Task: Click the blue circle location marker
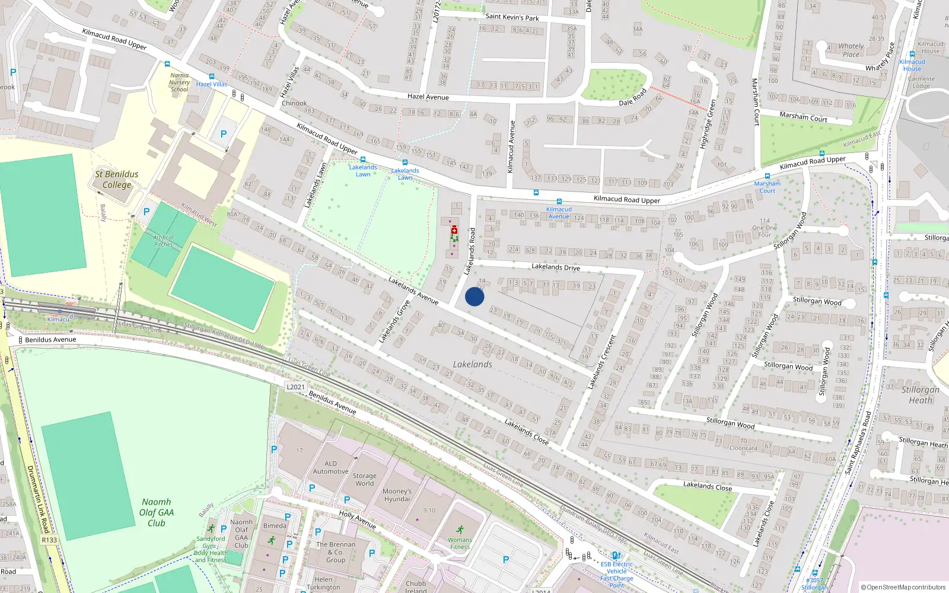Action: (474, 296)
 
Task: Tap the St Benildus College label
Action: (117, 179)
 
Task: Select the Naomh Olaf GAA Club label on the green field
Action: (157, 512)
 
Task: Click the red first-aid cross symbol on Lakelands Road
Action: (454, 230)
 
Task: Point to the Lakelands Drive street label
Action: (556, 267)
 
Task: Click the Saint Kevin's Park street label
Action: (512, 17)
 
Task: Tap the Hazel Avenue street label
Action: (428, 97)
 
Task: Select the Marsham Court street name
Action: (803, 117)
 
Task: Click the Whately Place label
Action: (851, 50)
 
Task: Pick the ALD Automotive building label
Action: (330, 467)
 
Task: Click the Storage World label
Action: (364, 479)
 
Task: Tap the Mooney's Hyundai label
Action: (397, 495)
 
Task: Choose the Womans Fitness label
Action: (460, 543)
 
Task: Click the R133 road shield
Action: (49, 540)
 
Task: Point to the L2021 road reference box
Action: (295, 387)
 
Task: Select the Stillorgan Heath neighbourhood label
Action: (921, 394)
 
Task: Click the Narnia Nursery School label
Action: (179, 82)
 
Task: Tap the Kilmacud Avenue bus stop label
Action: (559, 212)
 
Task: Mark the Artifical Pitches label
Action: (163, 241)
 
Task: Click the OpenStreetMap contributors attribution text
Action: (903, 587)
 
